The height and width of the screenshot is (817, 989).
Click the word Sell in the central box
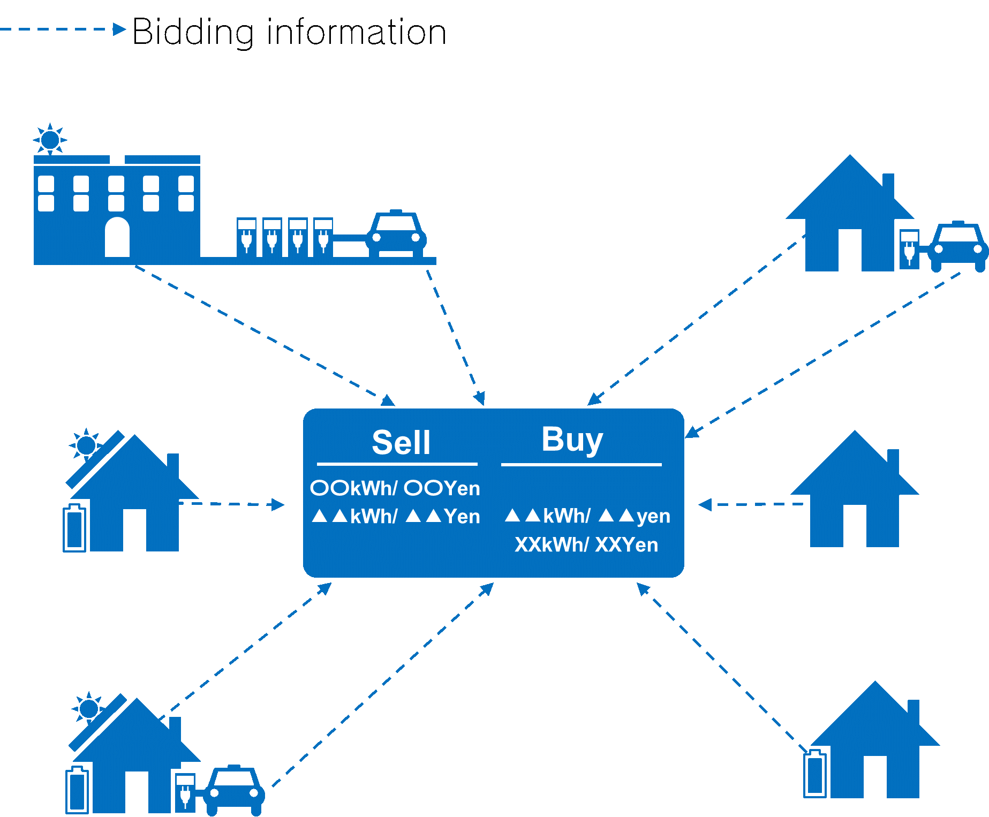[401, 443]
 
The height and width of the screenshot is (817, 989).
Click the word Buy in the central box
[572, 440]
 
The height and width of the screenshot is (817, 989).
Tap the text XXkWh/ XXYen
[586, 545]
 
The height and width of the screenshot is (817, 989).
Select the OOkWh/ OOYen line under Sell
[395, 488]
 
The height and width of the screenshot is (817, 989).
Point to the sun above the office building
[50, 140]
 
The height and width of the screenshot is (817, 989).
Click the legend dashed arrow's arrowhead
[119, 29]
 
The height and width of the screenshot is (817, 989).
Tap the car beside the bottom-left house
[234, 790]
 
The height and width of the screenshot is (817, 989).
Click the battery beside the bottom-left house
[77, 790]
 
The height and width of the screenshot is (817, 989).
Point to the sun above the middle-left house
[86, 444]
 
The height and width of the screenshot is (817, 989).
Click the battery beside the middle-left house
[74, 528]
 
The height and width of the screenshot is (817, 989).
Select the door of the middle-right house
[855, 525]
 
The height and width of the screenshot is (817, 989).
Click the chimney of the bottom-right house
[913, 713]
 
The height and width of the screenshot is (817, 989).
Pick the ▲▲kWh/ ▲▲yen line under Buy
[587, 516]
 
